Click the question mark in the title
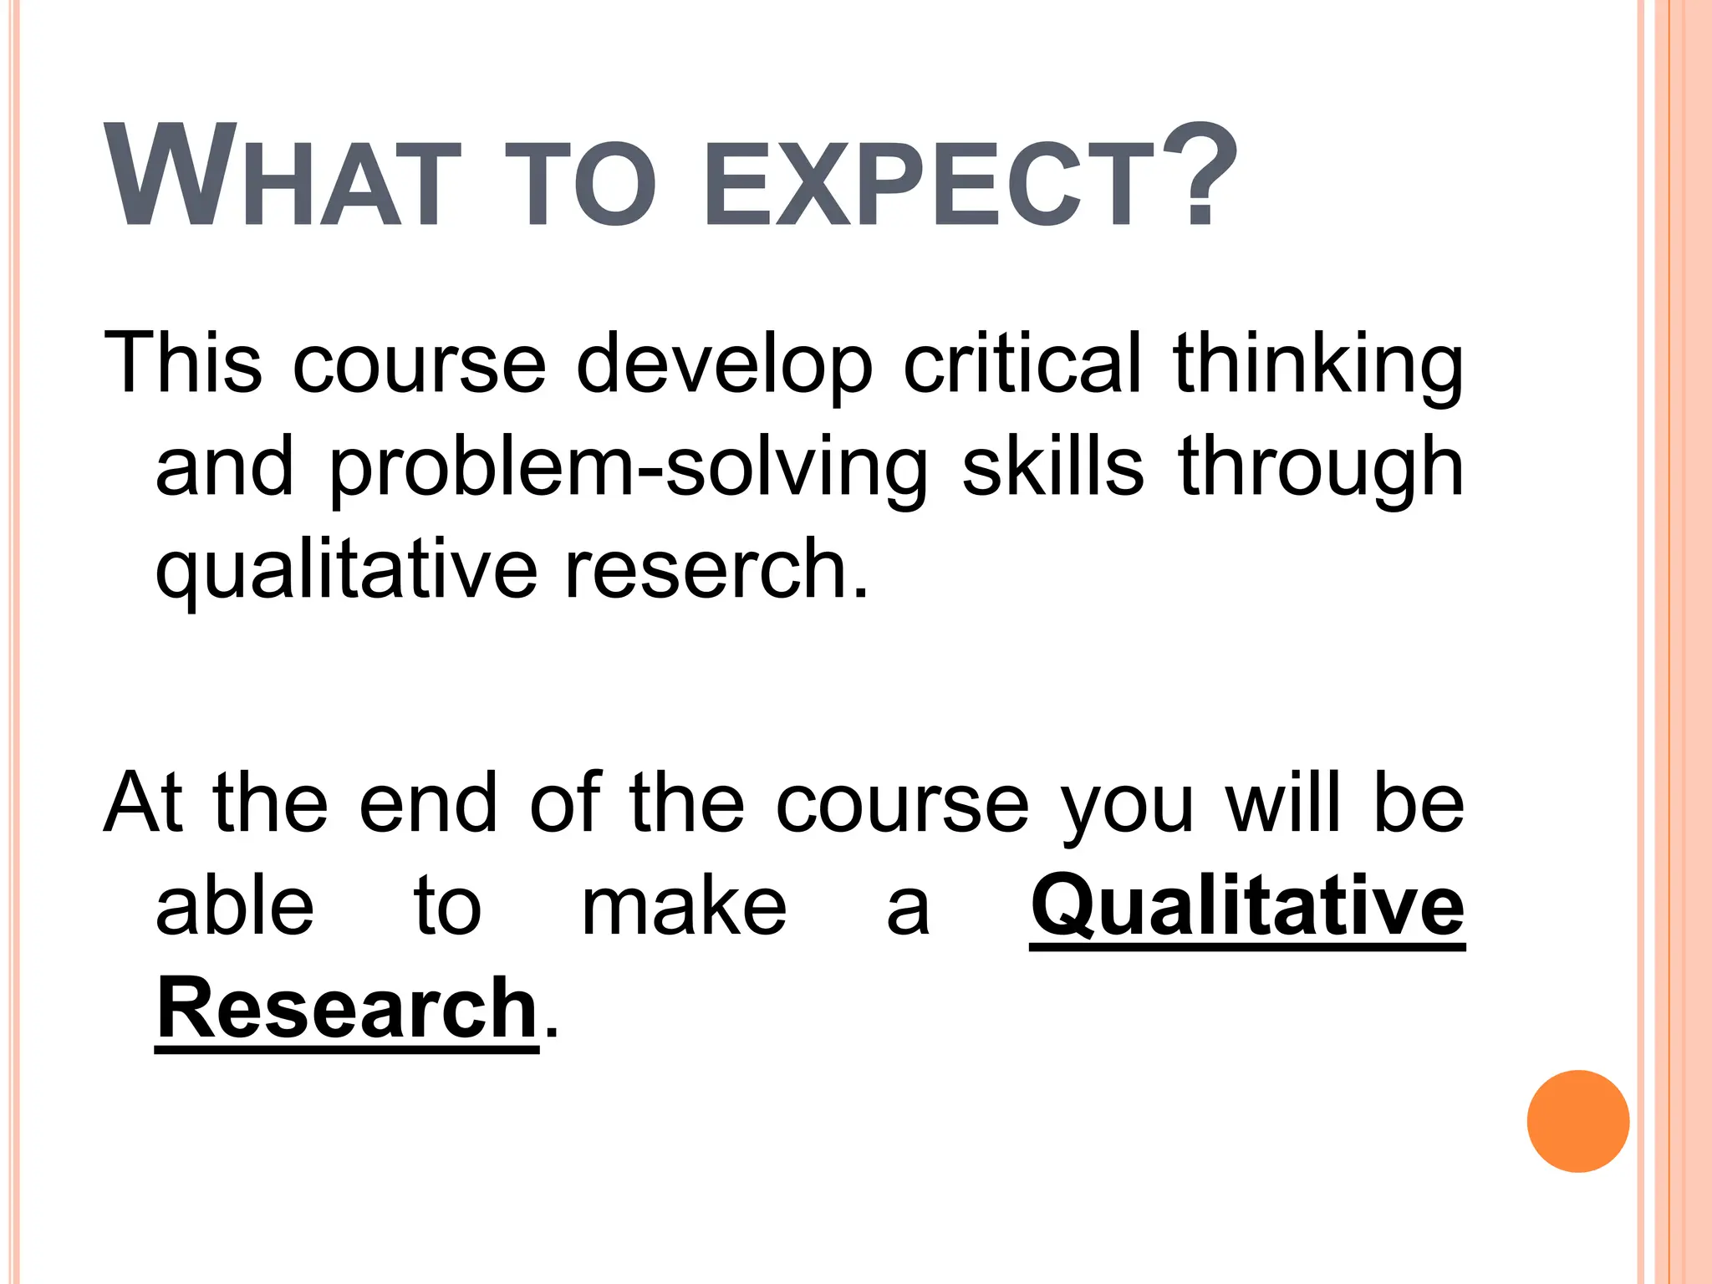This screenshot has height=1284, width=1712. [1200, 176]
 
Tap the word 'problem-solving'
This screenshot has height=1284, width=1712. [628, 468]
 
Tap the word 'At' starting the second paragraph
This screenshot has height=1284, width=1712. [143, 802]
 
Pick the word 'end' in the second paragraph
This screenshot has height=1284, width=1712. [429, 802]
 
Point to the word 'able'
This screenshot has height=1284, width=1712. [235, 906]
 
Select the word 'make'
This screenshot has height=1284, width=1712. [684, 906]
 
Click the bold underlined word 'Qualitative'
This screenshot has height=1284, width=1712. [1247, 906]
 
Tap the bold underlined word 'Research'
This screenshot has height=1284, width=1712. [347, 1009]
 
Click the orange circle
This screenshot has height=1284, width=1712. [1577, 1121]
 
